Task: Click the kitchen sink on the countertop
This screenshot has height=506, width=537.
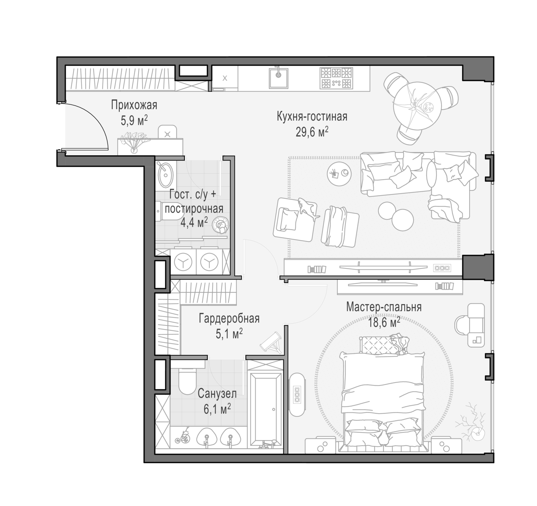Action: click(278, 78)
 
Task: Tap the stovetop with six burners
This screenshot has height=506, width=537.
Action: click(336, 78)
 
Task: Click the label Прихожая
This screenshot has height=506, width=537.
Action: click(134, 105)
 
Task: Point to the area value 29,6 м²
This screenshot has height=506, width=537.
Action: click(312, 133)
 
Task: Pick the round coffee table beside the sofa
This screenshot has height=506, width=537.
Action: click(339, 174)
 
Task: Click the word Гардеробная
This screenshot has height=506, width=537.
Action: click(229, 319)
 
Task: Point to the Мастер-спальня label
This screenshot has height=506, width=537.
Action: click(384, 307)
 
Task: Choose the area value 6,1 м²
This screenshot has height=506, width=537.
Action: click(217, 409)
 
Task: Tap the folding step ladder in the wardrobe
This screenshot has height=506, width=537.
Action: click(271, 342)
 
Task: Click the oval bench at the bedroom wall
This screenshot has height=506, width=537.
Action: click(297, 396)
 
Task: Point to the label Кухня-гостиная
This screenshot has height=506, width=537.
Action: click(312, 117)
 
